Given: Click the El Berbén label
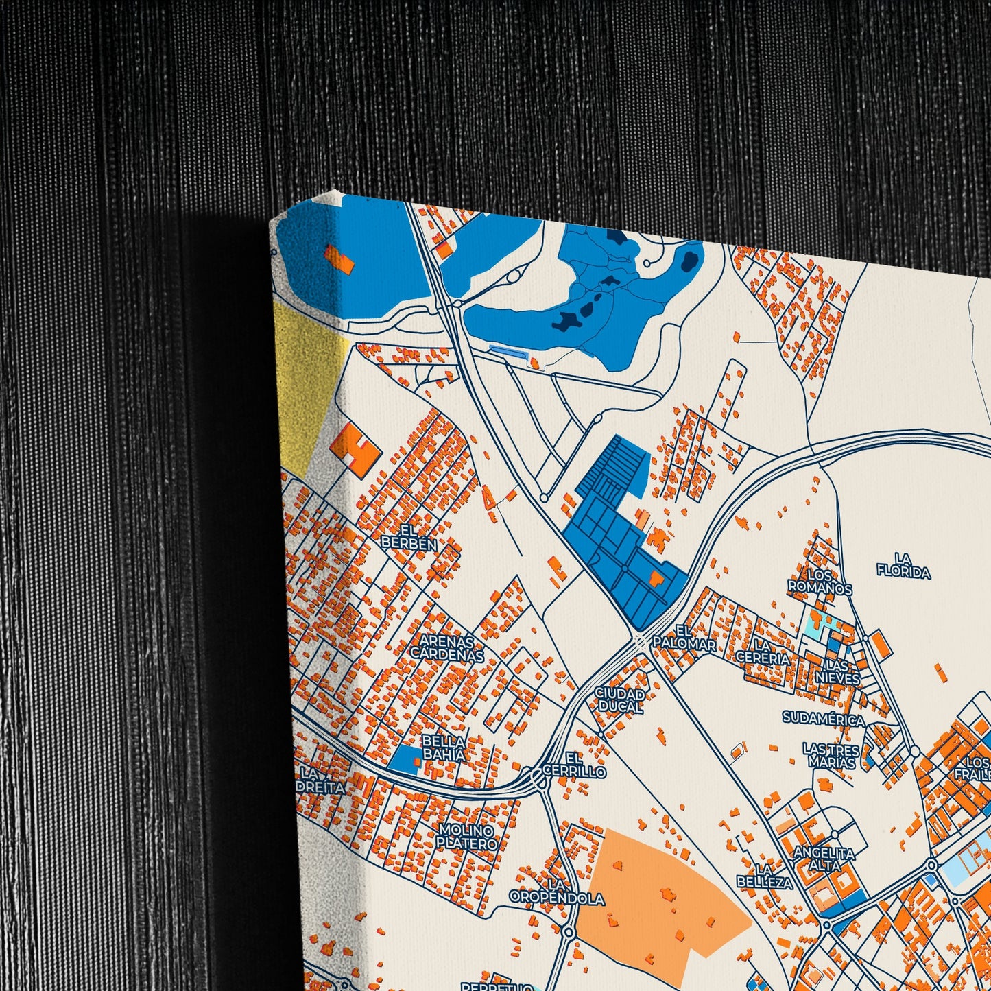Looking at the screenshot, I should pyautogui.click(x=409, y=536).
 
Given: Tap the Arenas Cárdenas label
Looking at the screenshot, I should pyautogui.click(x=447, y=648).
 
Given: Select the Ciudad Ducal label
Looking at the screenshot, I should pyautogui.click(x=619, y=700).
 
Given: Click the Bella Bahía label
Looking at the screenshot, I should pyautogui.click(x=444, y=748).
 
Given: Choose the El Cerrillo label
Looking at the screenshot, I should pyautogui.click(x=574, y=765).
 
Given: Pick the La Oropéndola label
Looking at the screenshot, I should pyautogui.click(x=557, y=892).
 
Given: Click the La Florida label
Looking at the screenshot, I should pyautogui.click(x=903, y=566).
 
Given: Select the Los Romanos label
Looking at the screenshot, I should pyautogui.click(x=820, y=582).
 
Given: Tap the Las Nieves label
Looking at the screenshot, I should pyautogui.click(x=837, y=672).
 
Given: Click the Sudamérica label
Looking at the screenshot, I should pyautogui.click(x=824, y=719).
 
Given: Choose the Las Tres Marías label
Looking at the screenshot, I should pyautogui.click(x=831, y=754).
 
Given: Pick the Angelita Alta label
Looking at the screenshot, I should pyautogui.click(x=824, y=859).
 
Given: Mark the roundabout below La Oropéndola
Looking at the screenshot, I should pyautogui.click(x=569, y=931).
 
